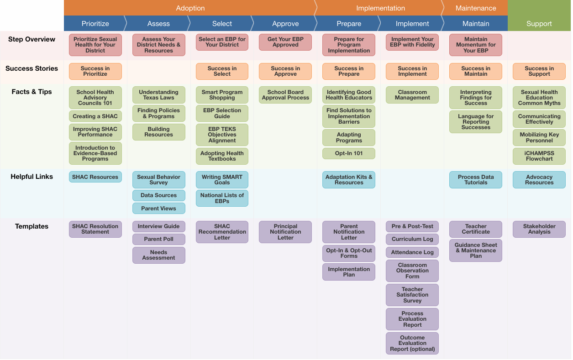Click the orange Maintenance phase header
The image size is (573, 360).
[x=475, y=8]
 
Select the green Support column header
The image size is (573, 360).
[x=539, y=24]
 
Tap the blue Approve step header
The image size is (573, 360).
[x=285, y=24]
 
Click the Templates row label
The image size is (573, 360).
[x=32, y=226]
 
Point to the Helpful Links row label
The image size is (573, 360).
[x=32, y=177]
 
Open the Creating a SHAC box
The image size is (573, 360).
[x=95, y=116]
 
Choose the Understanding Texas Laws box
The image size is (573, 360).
[x=158, y=95]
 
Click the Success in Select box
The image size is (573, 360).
[x=222, y=71]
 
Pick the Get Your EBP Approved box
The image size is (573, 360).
[x=285, y=42]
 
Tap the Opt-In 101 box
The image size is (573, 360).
[x=349, y=153]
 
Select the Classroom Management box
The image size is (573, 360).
[x=412, y=95]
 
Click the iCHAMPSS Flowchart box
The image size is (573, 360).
[x=539, y=156]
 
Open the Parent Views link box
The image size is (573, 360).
[x=158, y=209]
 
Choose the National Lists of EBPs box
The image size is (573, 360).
[x=222, y=198]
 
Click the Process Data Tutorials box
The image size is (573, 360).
[x=475, y=180]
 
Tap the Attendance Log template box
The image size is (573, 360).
[x=412, y=252]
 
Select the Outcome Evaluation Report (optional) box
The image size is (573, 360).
[x=412, y=344]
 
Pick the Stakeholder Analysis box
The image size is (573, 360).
[x=539, y=229]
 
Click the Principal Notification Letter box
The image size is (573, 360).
[x=285, y=232]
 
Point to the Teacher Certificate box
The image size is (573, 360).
[x=475, y=229]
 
